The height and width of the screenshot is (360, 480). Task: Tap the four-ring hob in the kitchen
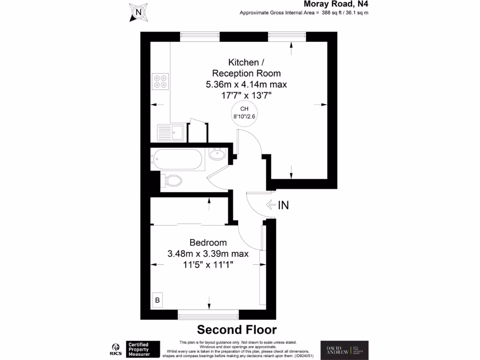[160, 82]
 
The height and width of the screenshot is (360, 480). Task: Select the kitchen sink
[171, 132]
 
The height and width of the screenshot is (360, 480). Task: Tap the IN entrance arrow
[277, 205]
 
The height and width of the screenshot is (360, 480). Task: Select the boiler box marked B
[157, 300]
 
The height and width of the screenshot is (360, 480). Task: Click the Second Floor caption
[236, 329]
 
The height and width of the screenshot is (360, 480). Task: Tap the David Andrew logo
[344, 349]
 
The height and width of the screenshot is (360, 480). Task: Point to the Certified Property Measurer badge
[143, 349]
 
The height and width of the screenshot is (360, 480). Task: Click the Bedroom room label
[208, 243]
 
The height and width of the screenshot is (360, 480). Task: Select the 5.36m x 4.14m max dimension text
[247, 84]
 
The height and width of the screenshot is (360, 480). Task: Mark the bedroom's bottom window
[209, 315]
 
